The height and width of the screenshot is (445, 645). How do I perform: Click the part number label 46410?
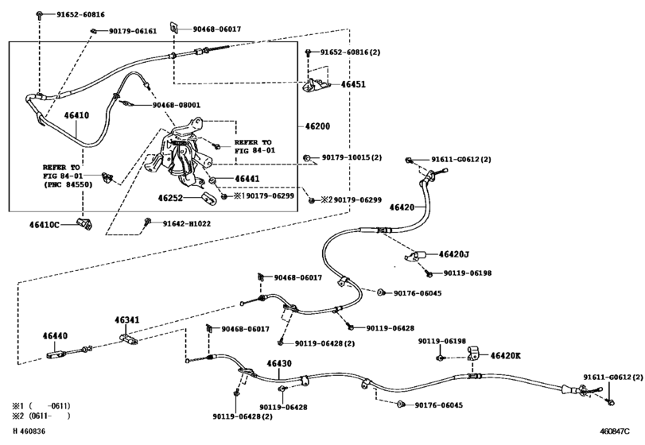76,116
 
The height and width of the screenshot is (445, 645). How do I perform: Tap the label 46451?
354,83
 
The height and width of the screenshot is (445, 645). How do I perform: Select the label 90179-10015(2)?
352,157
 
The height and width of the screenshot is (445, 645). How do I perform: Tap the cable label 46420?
402,207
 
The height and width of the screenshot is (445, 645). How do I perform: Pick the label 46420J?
454,254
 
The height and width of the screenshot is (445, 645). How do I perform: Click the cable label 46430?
279,364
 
